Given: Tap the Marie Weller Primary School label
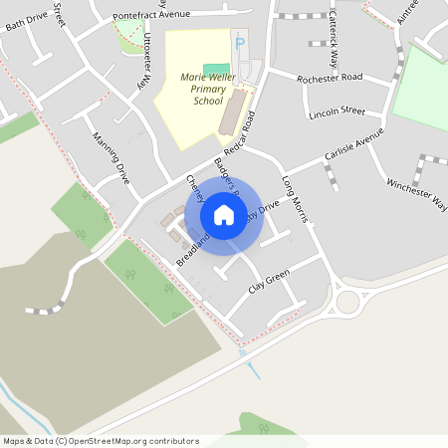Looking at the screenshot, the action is [x=194, y=89].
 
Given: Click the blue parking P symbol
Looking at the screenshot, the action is [x=239, y=44].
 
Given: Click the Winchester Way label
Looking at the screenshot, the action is [x=416, y=194].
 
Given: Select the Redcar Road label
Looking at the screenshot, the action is [x=235, y=133].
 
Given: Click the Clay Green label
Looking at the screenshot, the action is [x=268, y=282].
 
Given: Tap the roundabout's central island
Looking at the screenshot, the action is [x=348, y=301].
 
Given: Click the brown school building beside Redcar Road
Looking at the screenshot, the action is [x=231, y=112].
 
